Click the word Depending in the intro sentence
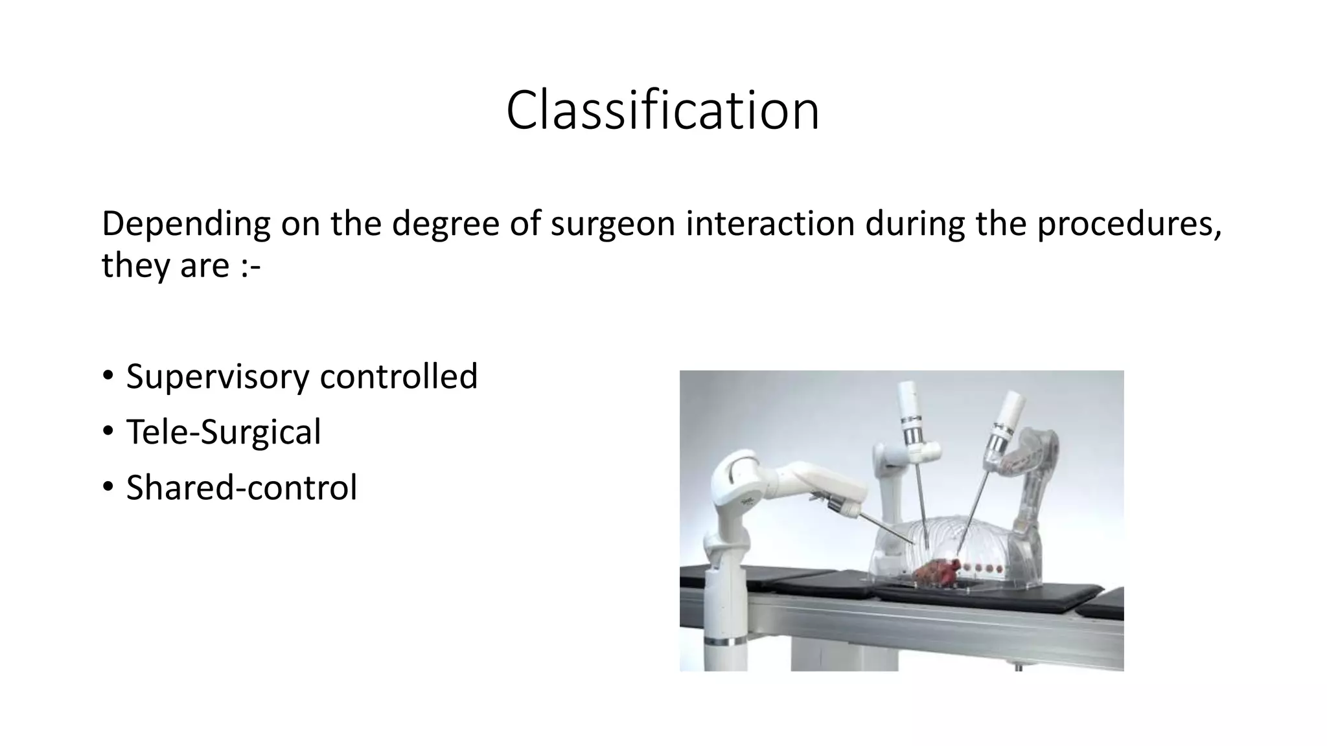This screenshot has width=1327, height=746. (185, 224)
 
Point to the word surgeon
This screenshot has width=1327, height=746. (613, 224)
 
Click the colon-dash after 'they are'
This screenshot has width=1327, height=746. (250, 266)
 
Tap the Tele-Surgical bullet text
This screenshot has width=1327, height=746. (223, 432)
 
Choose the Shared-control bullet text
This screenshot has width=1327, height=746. (241, 488)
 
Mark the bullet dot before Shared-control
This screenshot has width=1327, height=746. (108, 487)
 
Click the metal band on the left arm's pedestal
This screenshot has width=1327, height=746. (725, 642)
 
